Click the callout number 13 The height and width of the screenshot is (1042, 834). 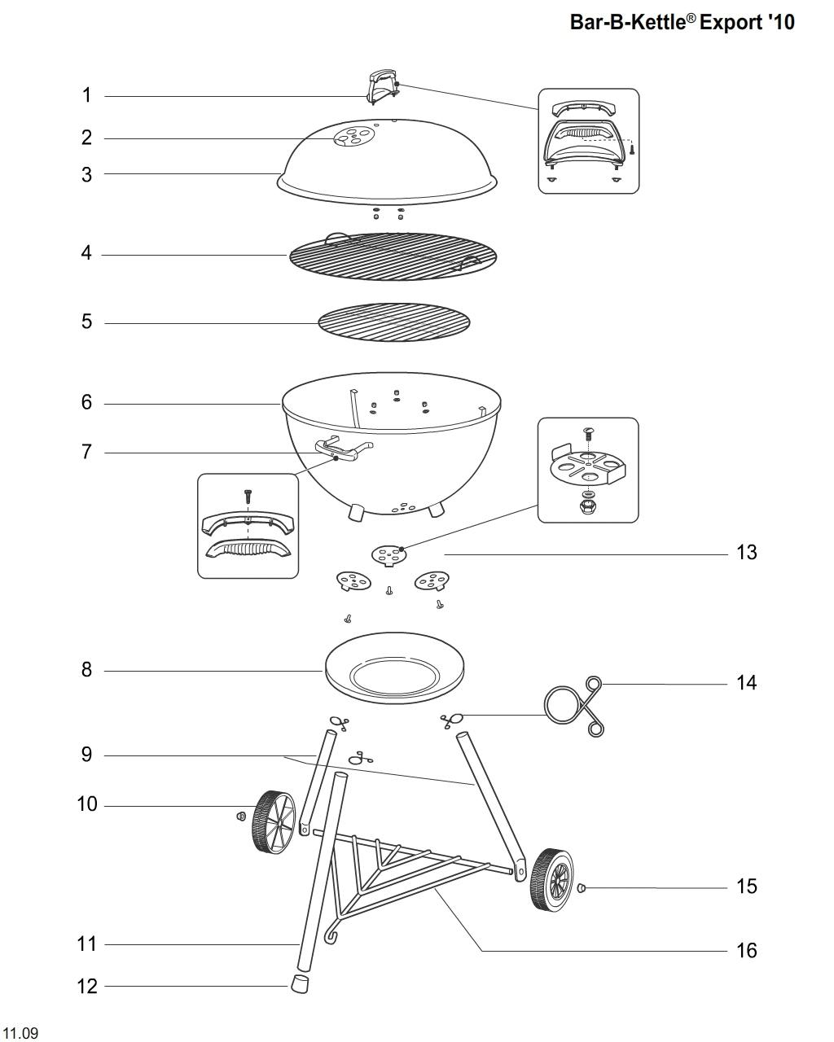(746, 553)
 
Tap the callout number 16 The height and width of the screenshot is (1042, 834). (746, 950)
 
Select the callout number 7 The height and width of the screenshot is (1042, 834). (86, 452)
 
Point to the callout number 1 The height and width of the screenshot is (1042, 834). (86, 95)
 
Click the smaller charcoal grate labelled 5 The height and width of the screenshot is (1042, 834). (394, 323)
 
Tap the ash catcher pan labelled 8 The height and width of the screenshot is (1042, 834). (394, 670)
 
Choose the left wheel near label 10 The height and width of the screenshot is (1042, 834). (273, 821)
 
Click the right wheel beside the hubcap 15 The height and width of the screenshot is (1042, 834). (551, 880)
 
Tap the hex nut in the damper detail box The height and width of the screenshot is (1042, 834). (587, 507)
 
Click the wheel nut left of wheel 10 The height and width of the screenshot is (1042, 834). (241, 817)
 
